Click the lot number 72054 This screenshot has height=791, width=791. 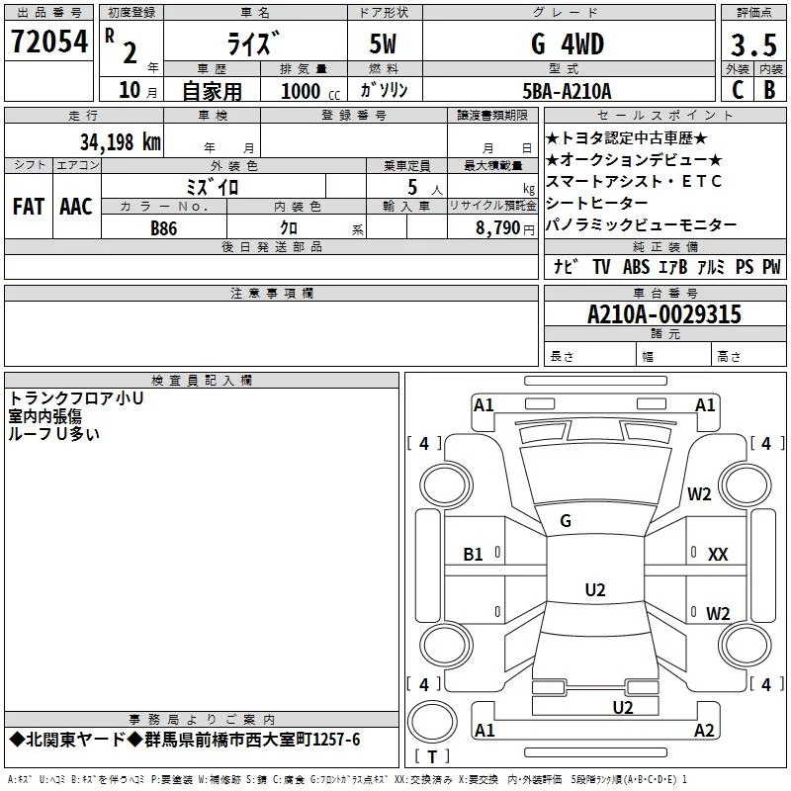48,42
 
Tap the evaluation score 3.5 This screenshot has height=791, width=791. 752,44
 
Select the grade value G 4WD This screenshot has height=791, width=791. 567,44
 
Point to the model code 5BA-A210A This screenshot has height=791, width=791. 567,91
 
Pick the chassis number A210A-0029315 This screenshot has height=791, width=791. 663,314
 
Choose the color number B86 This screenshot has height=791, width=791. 165,227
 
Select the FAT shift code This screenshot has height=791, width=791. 28,207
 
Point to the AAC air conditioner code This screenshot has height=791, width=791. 75,207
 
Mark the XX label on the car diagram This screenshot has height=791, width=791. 718,555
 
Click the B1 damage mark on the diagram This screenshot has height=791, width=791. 474,555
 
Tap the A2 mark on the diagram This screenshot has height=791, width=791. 704,731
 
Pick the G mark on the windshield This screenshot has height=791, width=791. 566,520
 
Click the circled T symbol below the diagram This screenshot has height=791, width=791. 431,756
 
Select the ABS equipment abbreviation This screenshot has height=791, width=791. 636,267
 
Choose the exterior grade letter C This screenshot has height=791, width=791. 737,91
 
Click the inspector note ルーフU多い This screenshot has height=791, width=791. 54,432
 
